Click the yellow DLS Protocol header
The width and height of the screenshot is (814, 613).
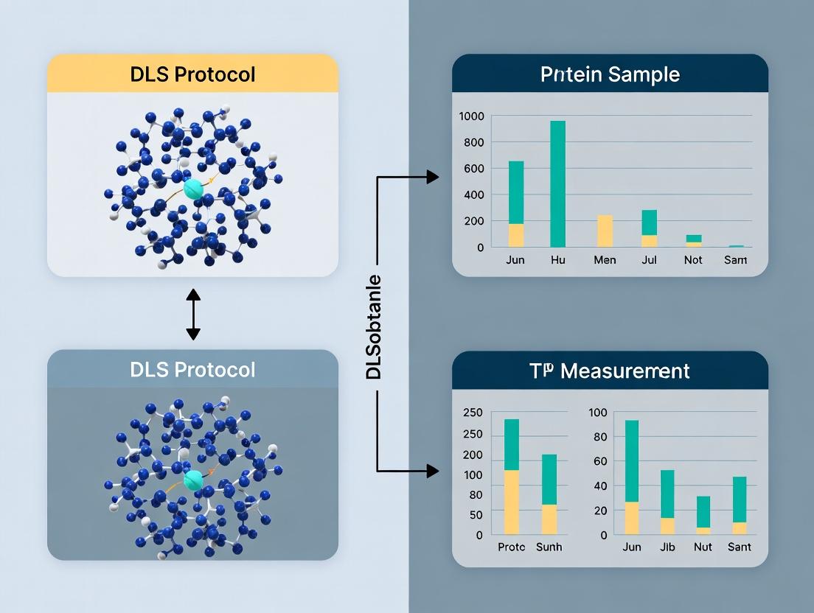coord(192,74)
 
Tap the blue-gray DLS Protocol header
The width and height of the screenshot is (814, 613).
coord(192,368)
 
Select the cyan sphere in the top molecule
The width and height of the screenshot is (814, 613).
coord(193,189)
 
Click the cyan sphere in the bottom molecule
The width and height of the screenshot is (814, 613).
coord(192,480)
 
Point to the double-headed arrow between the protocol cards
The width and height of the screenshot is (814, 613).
coord(193,314)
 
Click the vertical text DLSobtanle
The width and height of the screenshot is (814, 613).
coord(374,326)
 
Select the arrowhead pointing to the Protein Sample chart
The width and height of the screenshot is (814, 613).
coord(433,177)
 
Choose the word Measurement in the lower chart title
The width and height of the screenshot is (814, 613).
coord(625,370)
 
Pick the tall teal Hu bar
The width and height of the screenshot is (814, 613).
coord(558,184)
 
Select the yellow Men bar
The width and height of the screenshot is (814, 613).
coord(605,231)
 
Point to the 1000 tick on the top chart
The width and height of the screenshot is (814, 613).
coord(470,116)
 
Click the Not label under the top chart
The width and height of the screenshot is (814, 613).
coord(693,260)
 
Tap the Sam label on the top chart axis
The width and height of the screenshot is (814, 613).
coord(736,260)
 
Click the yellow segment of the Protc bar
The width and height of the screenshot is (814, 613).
coord(512,502)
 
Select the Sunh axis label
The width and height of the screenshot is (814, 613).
coord(549,547)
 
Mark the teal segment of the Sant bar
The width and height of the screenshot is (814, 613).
coord(740,499)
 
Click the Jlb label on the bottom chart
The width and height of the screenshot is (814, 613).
coord(667,547)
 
